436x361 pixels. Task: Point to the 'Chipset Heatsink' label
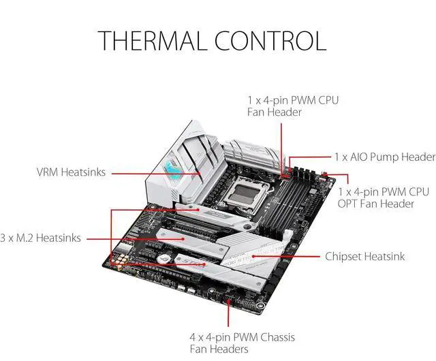pos(365,257)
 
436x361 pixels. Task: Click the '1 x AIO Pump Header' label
pos(384,157)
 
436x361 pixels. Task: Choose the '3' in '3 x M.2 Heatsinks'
pos(3,238)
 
